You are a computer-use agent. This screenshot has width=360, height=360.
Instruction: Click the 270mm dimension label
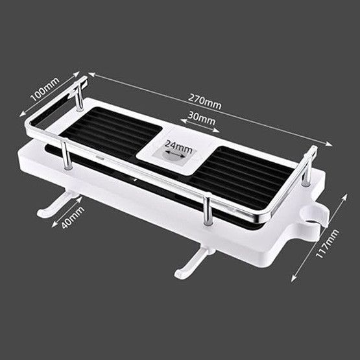205,102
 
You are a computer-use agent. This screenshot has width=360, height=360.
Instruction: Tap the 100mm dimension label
45,89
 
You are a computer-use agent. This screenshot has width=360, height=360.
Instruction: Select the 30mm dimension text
201,118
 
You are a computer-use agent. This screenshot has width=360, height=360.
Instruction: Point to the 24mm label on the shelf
178,147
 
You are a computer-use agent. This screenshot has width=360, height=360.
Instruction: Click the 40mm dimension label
73,217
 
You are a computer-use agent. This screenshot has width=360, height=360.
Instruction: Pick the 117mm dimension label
327,243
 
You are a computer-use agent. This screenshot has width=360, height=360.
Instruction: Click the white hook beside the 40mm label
53,205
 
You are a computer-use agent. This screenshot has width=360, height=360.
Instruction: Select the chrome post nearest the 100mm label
79,97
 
